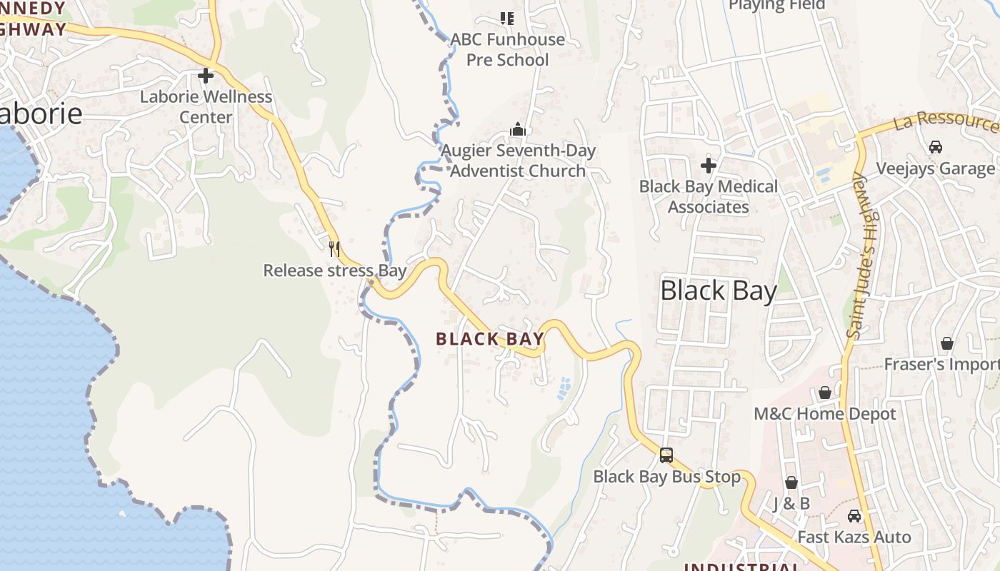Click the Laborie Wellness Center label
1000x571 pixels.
coord(206,106)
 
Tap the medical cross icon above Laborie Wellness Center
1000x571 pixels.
coord(206,75)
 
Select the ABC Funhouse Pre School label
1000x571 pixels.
coord(507,49)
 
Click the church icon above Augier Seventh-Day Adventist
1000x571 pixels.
coord(518,129)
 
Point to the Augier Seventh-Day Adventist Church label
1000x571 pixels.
coord(518,161)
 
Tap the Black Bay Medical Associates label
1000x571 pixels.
coord(708,196)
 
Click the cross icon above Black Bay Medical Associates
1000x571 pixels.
coord(708,166)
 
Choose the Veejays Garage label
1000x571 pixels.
coord(935,168)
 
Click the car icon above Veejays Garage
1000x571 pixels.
coord(935,147)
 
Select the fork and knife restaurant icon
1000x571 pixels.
coord(334,248)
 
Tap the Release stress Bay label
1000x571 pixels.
coord(334,271)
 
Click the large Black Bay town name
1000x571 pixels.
coord(718,290)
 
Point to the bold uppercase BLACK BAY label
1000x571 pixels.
coord(490,339)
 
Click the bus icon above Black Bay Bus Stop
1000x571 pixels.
coord(666,455)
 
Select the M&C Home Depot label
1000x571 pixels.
coord(825,414)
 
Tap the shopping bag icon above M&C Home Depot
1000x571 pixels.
coord(825,393)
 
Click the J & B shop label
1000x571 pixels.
coord(791,504)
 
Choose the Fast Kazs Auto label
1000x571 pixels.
coord(854,537)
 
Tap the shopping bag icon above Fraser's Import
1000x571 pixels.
coord(947,344)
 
